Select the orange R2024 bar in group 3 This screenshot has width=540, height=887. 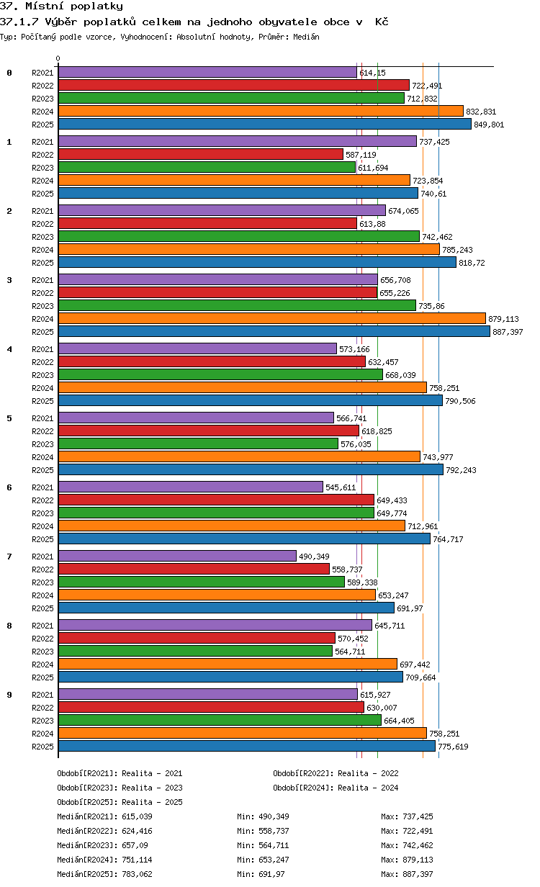(271, 318)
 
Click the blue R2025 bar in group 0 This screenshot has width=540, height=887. (264, 124)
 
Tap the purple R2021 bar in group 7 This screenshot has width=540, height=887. (177, 556)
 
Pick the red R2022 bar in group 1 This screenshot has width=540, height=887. (200, 154)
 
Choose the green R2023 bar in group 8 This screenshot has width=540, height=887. (195, 651)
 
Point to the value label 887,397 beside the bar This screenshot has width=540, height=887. (508, 332)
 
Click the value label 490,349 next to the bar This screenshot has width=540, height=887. (313, 557)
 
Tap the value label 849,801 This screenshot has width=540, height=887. (489, 125)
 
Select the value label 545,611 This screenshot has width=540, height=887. (341, 487)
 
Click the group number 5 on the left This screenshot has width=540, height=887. (9, 418)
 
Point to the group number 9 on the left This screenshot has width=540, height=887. (9, 695)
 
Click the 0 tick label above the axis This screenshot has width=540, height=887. (58, 59)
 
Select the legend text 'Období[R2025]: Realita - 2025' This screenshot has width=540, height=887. (120, 802)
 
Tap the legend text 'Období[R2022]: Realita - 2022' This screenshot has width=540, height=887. (336, 773)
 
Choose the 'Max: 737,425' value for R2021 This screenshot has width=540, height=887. (407, 816)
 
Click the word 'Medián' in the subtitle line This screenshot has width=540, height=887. (306, 37)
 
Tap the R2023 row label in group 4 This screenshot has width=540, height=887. (42, 375)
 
